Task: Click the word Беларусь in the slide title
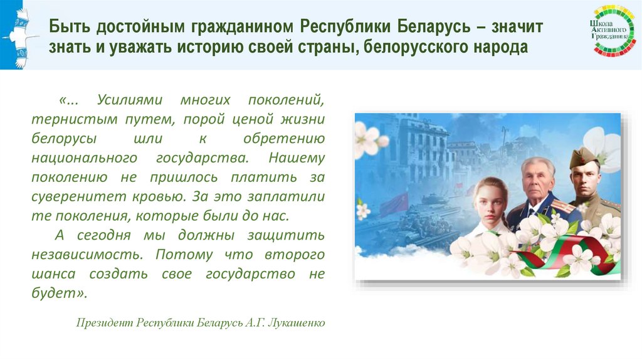pos(431,28)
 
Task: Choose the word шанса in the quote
pos(54,274)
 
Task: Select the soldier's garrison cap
pos(584,157)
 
